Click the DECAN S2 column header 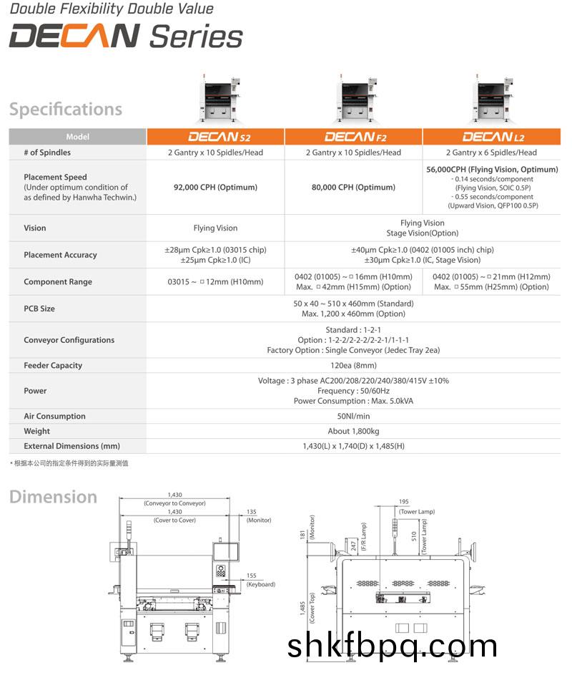tap(215, 136)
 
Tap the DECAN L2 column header tap(491, 136)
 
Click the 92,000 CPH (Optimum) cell tap(215, 188)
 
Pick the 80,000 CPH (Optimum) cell tap(353, 188)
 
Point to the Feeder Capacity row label tap(53, 366)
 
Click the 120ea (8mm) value tap(353, 366)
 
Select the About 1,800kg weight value tap(353, 432)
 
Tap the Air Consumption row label tap(54, 417)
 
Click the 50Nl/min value tap(353, 417)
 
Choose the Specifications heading tap(66, 110)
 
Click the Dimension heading tap(53, 497)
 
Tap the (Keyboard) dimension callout tap(261, 585)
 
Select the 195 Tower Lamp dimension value tap(404, 502)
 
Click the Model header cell tap(77, 137)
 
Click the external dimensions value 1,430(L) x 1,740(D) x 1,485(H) tap(353, 447)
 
